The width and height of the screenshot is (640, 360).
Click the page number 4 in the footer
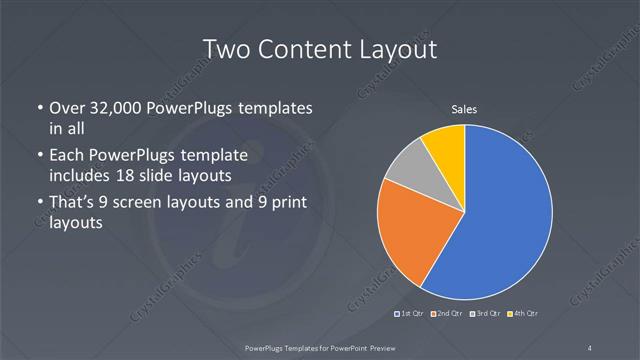(591, 347)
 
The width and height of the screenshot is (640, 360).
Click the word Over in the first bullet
(67, 108)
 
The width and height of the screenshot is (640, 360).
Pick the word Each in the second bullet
(66, 156)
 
